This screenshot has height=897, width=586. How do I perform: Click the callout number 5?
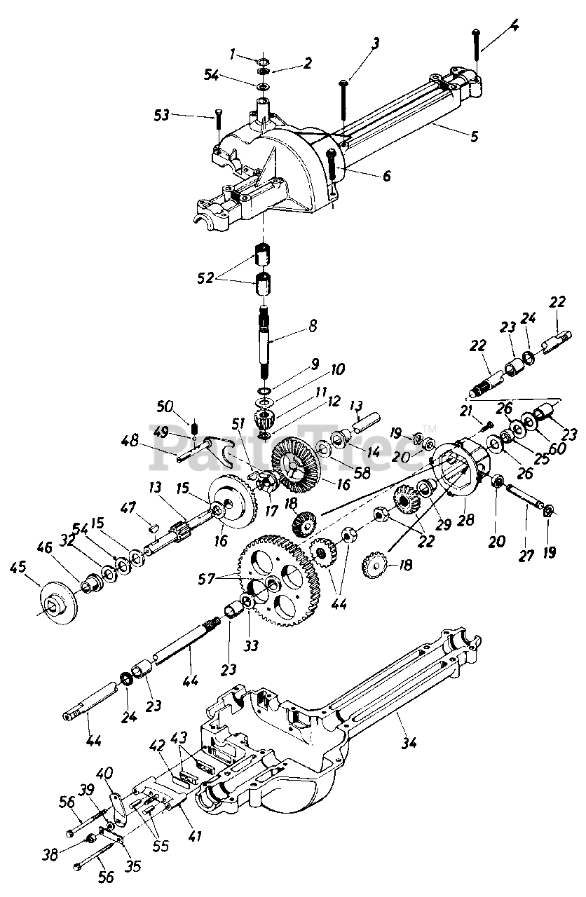474,137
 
